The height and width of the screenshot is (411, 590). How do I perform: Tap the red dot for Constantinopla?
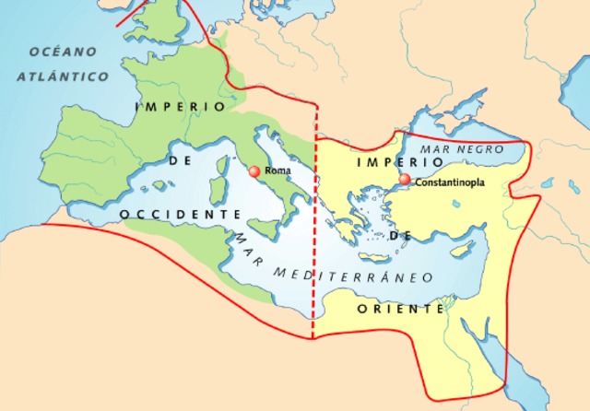[x=405, y=179]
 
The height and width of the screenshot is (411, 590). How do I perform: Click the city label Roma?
[x=278, y=170]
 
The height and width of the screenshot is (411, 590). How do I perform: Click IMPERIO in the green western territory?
[x=181, y=106]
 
